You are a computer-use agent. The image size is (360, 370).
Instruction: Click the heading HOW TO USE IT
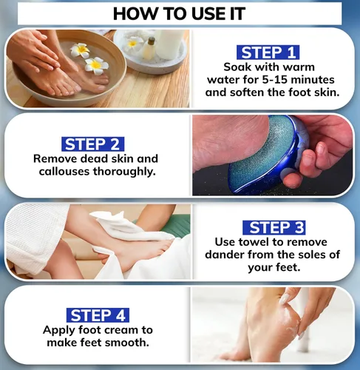[179, 13]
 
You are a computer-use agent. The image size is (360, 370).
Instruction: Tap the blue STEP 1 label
[268, 53]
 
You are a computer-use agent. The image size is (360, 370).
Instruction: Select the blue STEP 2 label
[93, 144]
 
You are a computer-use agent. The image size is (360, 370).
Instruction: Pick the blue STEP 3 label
[274, 227]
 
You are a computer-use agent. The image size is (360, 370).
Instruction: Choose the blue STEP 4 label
[98, 315]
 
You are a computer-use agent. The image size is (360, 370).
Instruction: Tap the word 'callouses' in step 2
[64, 171]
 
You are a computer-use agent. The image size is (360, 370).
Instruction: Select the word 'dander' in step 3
[225, 255]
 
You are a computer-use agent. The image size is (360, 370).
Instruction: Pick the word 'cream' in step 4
[120, 330]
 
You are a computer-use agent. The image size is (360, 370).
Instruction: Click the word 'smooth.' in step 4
[129, 343]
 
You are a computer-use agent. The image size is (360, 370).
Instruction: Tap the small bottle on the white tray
[149, 48]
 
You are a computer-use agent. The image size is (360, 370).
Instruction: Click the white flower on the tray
[133, 43]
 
